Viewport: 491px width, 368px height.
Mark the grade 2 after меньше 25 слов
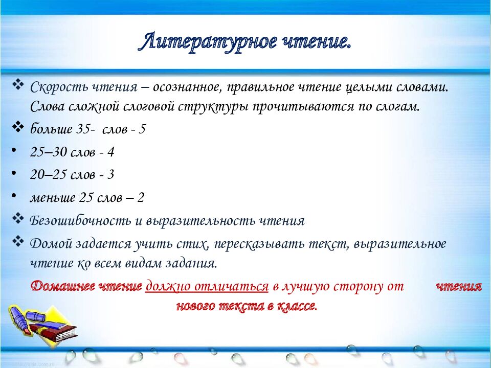(141, 197)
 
